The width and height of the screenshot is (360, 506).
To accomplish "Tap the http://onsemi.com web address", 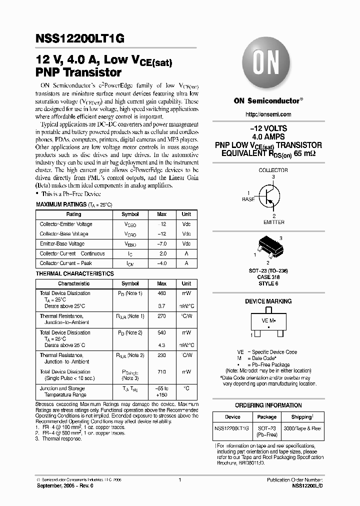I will click(x=268, y=114).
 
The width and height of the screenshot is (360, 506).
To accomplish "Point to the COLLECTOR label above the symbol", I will click(x=273, y=170).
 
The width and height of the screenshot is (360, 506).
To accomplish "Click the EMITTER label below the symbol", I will click(x=273, y=222).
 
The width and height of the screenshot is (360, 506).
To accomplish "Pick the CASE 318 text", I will click(x=268, y=277).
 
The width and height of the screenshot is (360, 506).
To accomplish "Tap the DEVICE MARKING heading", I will click(x=268, y=301).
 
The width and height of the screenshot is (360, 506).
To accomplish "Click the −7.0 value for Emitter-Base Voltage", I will click(x=162, y=243).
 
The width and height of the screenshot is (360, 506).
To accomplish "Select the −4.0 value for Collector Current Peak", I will click(x=162, y=263).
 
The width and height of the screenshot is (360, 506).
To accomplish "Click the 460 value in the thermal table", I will click(x=162, y=293).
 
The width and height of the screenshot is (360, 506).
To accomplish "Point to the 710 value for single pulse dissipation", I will click(x=162, y=372).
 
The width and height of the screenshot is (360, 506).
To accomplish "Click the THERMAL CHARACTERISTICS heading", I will click(x=75, y=274).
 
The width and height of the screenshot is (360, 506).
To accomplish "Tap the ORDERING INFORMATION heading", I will click(x=268, y=405).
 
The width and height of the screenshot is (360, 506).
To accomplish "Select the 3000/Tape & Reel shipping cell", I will click(x=303, y=428).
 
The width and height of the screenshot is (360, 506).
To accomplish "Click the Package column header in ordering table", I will click(x=267, y=417).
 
